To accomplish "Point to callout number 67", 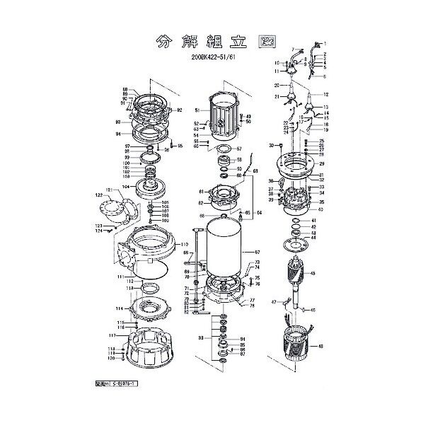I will point(257,252).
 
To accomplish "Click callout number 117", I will point(112,335).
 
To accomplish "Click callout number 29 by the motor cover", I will point(321,163).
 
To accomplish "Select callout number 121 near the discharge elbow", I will point(109,190).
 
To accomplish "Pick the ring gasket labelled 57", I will point(226,150).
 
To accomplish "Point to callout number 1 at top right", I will point(326,45).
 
